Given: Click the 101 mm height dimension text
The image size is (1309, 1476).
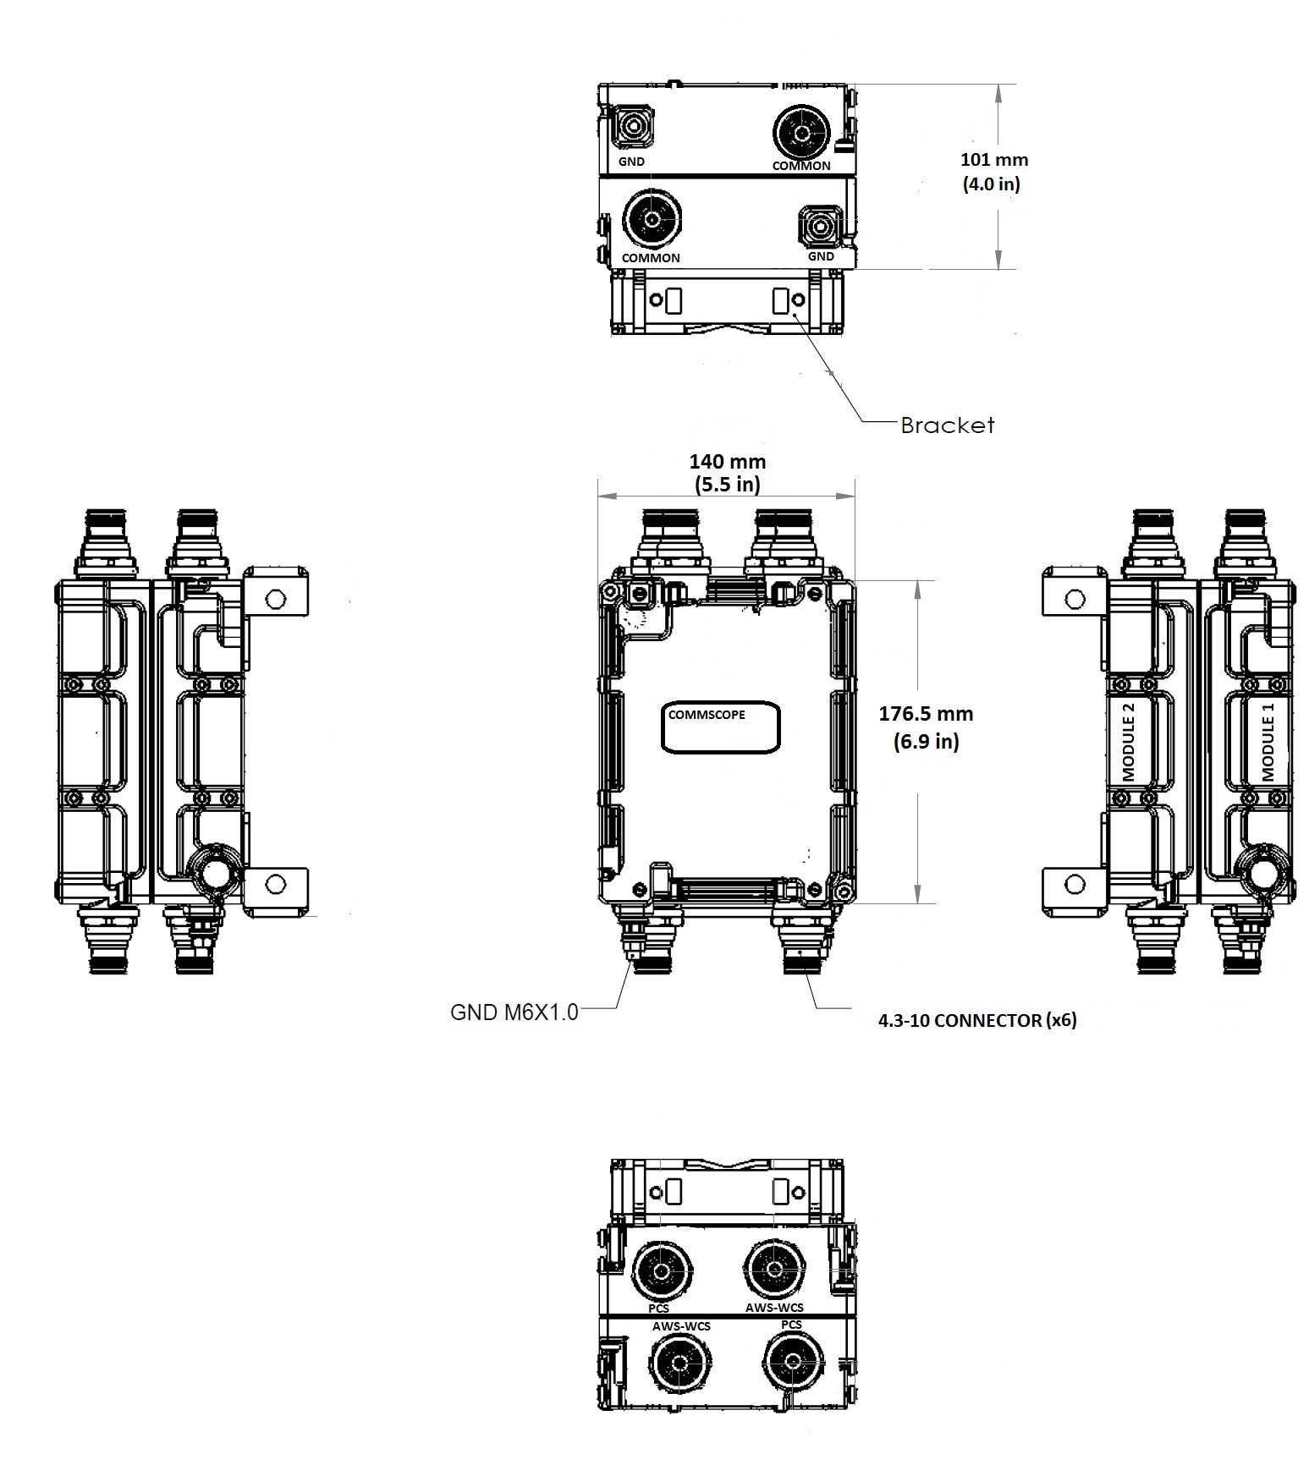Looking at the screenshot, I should point(993,159).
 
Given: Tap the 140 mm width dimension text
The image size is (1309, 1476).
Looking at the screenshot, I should point(727,462).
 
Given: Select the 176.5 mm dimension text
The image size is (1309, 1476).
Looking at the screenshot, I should point(926,713).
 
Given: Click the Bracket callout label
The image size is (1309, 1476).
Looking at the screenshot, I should point(947,425).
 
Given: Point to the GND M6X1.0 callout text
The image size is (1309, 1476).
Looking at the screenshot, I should point(514,1012).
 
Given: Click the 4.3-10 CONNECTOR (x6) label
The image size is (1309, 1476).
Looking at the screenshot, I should point(977,1020).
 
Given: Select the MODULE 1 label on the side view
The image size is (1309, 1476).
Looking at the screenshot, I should point(1268,748).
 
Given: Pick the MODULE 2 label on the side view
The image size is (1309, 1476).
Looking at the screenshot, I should point(1128,748).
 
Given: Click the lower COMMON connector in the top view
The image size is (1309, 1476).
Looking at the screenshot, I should point(651,220).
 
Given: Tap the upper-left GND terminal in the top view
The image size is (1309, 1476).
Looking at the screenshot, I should point(630,128).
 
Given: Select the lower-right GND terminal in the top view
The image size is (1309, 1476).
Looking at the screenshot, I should point(819,226).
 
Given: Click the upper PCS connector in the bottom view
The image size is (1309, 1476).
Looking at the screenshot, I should point(661,1270).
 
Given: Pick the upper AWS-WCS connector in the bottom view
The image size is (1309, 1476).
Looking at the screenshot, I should point(773,1269).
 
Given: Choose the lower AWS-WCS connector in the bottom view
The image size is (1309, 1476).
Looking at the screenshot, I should point(680,1364).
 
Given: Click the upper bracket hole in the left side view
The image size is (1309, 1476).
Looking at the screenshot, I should point(274,600).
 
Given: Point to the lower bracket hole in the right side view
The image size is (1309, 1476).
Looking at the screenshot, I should point(1075,885).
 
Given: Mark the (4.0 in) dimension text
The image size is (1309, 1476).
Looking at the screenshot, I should point(992,184).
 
